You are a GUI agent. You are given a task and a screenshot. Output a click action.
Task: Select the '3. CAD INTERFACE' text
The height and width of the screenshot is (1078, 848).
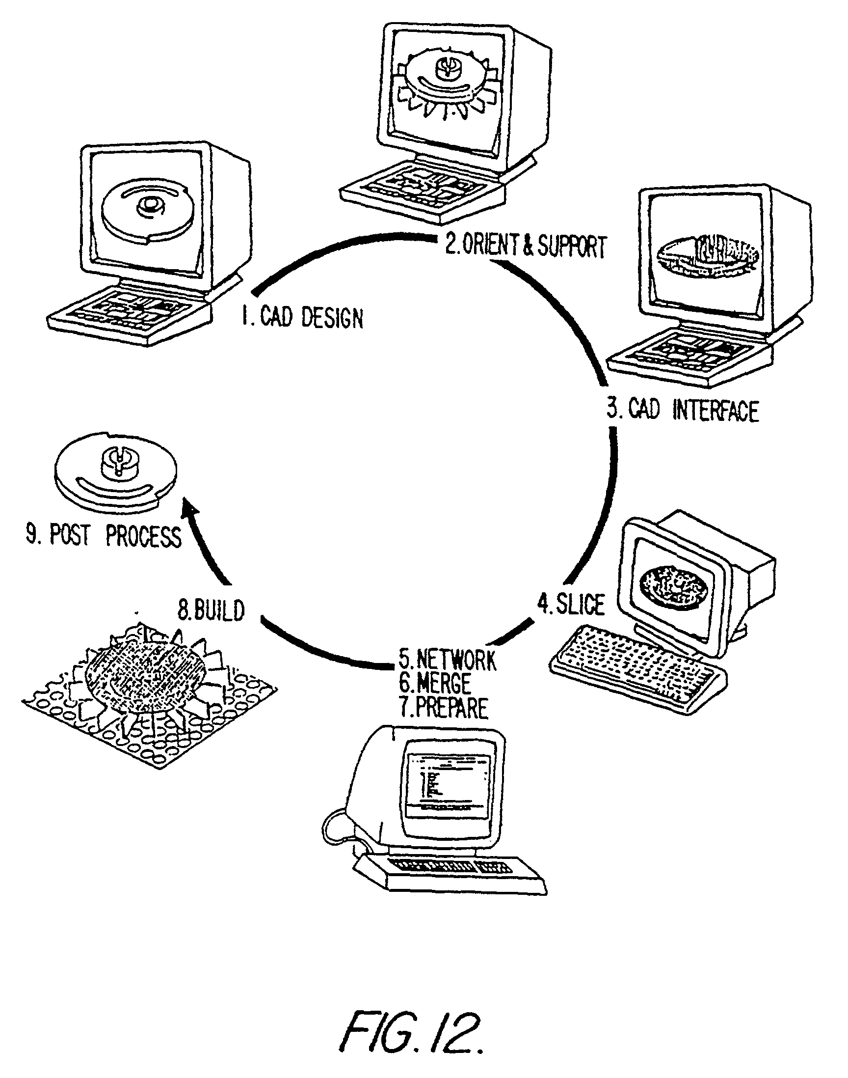click(x=683, y=411)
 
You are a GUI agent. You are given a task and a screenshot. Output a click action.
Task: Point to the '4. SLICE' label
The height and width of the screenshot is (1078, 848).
click(x=571, y=605)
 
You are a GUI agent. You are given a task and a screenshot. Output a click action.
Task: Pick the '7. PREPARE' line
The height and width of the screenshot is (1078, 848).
click(x=444, y=708)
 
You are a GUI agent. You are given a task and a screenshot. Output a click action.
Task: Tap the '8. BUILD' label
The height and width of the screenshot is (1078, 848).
click(x=212, y=610)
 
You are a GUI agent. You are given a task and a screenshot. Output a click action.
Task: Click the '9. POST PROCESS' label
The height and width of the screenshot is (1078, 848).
click(x=104, y=536)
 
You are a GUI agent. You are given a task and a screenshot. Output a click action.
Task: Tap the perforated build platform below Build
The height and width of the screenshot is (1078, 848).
click(x=149, y=695)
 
